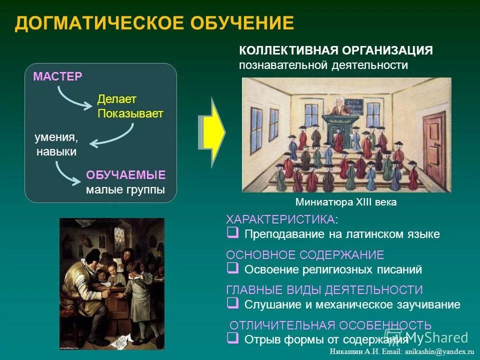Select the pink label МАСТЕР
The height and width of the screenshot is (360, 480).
coord(57,76)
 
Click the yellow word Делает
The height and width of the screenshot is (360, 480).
coord(116,99)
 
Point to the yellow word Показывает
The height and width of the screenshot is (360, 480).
coord(130,113)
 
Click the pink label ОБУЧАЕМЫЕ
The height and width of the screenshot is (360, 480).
coord(125,175)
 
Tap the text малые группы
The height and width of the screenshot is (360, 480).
coord(125,190)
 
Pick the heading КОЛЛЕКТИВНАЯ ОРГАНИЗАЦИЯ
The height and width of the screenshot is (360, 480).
coord(335,50)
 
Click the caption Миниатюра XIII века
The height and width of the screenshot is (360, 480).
coord(346,202)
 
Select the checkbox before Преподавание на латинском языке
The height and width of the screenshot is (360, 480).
coord(232,233)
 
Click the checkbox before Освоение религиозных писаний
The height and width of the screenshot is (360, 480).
coord(232,268)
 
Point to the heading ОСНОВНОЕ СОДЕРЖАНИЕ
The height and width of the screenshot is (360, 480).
coord(305,255)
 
